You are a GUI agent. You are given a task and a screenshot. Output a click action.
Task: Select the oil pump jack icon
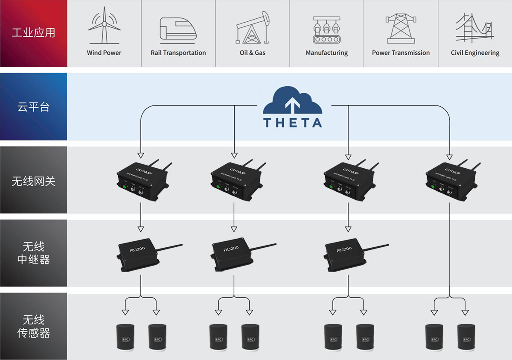(253, 28)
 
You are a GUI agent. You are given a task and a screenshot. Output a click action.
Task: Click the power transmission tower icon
(401, 28)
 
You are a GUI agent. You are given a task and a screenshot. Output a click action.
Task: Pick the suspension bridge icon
(474, 28)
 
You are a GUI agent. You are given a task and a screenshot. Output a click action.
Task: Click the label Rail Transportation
(178, 53)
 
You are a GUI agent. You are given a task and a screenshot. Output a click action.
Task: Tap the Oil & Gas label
(253, 53)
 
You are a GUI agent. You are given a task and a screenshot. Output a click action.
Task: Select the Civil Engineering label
(475, 53)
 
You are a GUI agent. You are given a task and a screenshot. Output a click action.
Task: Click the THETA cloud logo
(292, 107)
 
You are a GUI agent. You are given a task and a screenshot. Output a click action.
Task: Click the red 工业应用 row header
(33, 33)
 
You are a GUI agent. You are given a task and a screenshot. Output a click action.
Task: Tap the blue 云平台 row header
(33, 107)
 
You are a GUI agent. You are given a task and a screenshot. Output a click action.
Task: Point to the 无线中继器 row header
(33, 253)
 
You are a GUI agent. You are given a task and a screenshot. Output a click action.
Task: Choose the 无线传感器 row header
(33, 326)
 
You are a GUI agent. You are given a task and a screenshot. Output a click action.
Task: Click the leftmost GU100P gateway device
(142, 180)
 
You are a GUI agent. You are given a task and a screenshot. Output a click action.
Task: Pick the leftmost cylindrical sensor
(125, 338)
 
